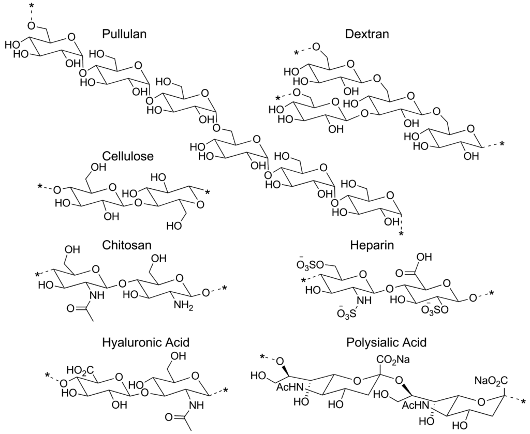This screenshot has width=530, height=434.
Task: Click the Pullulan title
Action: [124, 35]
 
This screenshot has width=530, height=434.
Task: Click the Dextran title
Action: [367, 35]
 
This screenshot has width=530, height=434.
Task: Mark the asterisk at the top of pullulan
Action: [33, 6]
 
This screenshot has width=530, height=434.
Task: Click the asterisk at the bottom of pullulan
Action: [400, 234]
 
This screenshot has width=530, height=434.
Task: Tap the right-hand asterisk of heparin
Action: [492, 294]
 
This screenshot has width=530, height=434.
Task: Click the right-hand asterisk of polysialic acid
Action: [523, 402]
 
